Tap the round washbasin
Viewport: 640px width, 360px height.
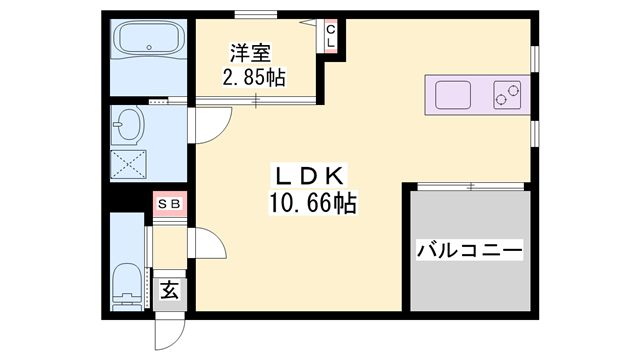tap(129, 128)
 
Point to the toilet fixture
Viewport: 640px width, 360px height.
tap(128, 282)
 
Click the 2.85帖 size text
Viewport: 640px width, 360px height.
tap(253, 77)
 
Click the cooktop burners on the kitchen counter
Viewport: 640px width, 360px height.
tap(507, 96)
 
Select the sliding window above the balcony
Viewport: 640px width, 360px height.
tap(469, 185)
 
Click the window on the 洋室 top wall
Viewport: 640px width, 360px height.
tap(256, 14)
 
